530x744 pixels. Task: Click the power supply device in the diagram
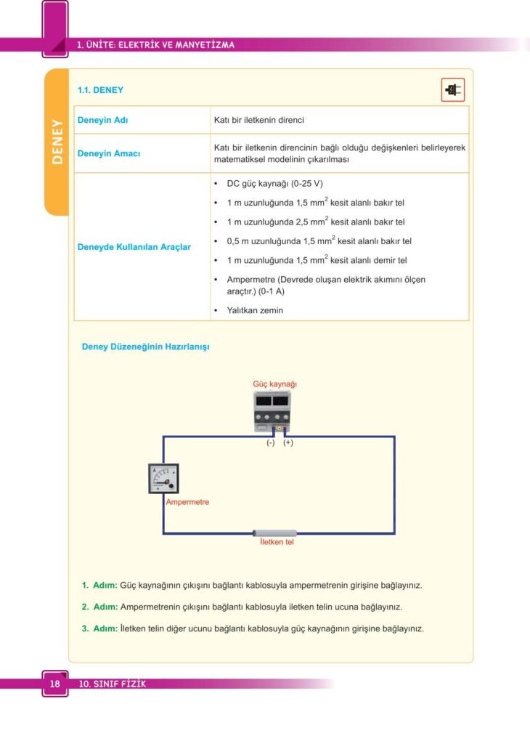[x=272, y=411]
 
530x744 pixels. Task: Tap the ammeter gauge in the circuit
[x=163, y=479]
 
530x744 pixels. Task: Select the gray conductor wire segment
[x=275, y=533]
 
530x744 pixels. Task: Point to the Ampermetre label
[x=187, y=501]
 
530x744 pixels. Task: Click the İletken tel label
[x=277, y=542]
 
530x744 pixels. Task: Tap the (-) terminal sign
[x=270, y=442]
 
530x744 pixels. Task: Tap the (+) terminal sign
[x=288, y=442]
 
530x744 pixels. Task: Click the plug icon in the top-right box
[x=453, y=90]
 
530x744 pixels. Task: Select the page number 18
[x=54, y=684]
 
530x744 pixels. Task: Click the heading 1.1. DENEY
[x=100, y=91]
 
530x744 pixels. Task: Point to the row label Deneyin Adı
[x=103, y=120]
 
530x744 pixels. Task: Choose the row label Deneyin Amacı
[x=109, y=154]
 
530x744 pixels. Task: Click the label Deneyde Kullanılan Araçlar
[x=134, y=247]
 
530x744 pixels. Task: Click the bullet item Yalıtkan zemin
[x=255, y=310]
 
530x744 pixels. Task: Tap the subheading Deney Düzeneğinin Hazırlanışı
[x=145, y=347]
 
